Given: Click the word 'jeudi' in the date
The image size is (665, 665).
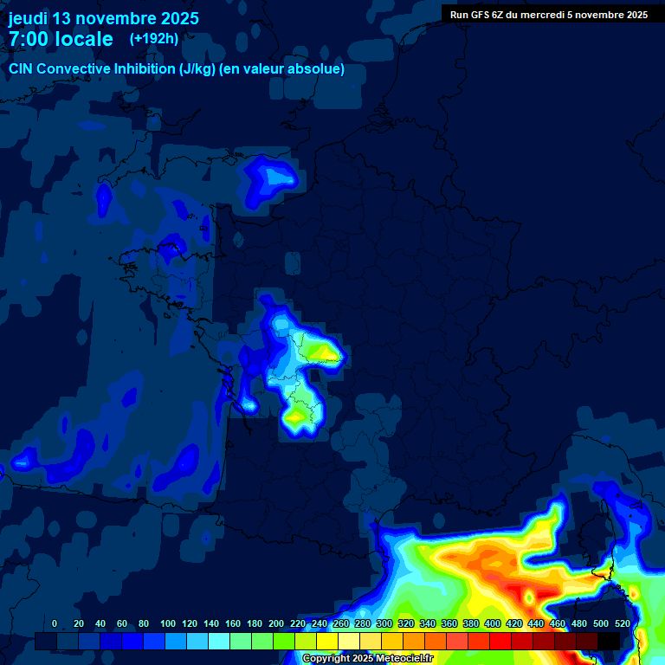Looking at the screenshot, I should point(28,18).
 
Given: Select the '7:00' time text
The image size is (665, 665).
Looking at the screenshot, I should point(27,39).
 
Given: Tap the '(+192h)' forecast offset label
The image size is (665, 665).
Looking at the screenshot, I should point(153,38).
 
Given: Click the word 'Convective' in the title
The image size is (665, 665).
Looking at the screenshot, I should point(75,69).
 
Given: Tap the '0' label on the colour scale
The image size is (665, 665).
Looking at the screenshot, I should point(55,623).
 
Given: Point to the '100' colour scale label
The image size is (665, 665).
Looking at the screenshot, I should point(168,623).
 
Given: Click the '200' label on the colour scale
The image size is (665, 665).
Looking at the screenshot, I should point(276,623).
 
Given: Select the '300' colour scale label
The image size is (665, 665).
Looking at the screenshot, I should point(384,623).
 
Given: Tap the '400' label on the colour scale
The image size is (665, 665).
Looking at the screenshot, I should point(493,623).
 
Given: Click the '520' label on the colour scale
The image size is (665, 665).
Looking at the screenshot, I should point(623,623).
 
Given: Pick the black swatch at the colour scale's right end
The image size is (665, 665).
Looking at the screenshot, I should point(609,641).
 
